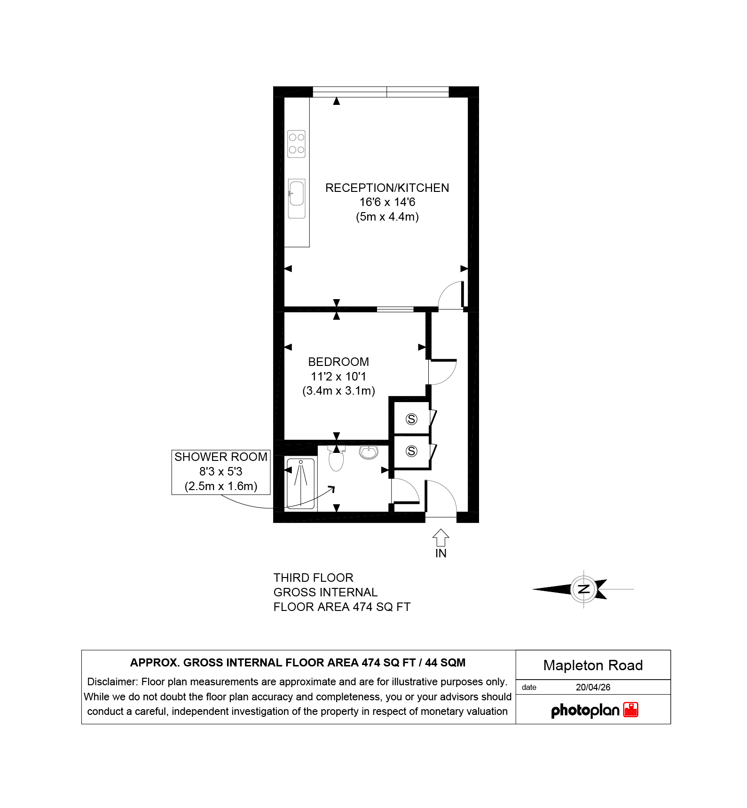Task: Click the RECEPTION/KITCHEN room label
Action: coord(387,188)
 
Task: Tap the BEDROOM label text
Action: coord(338,362)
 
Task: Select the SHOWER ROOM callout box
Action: coord(221,472)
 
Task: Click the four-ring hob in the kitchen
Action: coord(297,144)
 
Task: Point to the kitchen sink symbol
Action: coord(297,199)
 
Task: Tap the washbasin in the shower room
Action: coord(369,452)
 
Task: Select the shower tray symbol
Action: coord(300,483)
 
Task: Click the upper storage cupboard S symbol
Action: coord(411,419)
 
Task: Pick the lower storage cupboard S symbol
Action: coord(411,452)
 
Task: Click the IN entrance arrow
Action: coord(440,538)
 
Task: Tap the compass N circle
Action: coord(584,589)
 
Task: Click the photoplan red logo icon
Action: coord(631,710)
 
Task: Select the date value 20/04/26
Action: coord(593,687)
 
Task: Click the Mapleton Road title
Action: coord(593,665)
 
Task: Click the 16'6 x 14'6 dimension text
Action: coord(387,202)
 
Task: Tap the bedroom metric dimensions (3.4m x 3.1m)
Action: coord(338,391)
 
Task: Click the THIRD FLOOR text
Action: coord(314,578)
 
